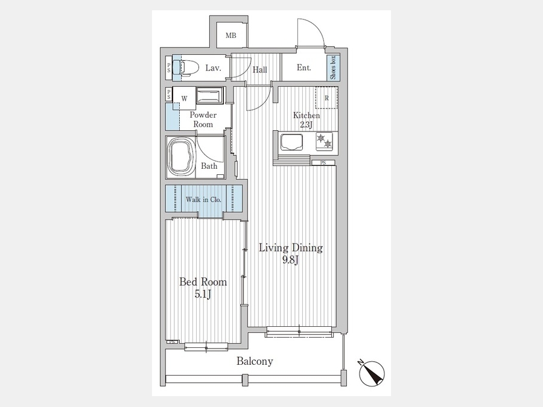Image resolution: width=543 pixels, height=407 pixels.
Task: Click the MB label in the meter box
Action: pos(231,36)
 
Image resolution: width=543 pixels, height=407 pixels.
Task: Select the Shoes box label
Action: pos(333,68)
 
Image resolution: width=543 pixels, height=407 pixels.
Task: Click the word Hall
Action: pos(259,70)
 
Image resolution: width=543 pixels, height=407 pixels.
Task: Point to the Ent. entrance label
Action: pos(303,68)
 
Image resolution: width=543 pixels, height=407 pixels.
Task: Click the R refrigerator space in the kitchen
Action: pos(326,98)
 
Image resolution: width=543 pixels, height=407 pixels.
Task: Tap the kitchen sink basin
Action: pos(291,142)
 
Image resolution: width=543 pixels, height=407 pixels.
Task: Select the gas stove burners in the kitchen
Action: pos(324,141)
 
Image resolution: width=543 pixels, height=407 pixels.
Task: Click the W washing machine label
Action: pos(184,99)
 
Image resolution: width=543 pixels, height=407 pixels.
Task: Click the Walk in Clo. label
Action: pos(203,200)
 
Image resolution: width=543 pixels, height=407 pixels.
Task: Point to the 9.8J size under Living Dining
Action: pos(290,260)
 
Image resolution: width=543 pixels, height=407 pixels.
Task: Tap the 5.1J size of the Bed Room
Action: pos(203,294)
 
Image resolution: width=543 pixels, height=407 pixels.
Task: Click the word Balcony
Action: pos(255,361)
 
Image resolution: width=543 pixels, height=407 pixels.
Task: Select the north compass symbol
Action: pos(371,373)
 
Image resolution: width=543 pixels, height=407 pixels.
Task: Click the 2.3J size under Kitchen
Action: pos(306,125)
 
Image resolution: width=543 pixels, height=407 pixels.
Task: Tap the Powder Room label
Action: pos(203,119)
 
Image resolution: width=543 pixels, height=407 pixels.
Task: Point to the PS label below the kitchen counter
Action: pos(323,163)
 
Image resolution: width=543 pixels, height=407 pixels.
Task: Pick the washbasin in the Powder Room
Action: pos(209,95)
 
